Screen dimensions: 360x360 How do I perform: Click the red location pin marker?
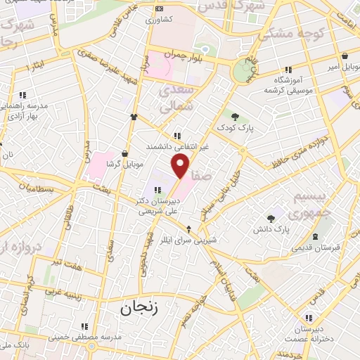pyautogui.click(x=181, y=165)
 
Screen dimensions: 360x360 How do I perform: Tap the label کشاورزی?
pyautogui.click(x=158, y=20)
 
